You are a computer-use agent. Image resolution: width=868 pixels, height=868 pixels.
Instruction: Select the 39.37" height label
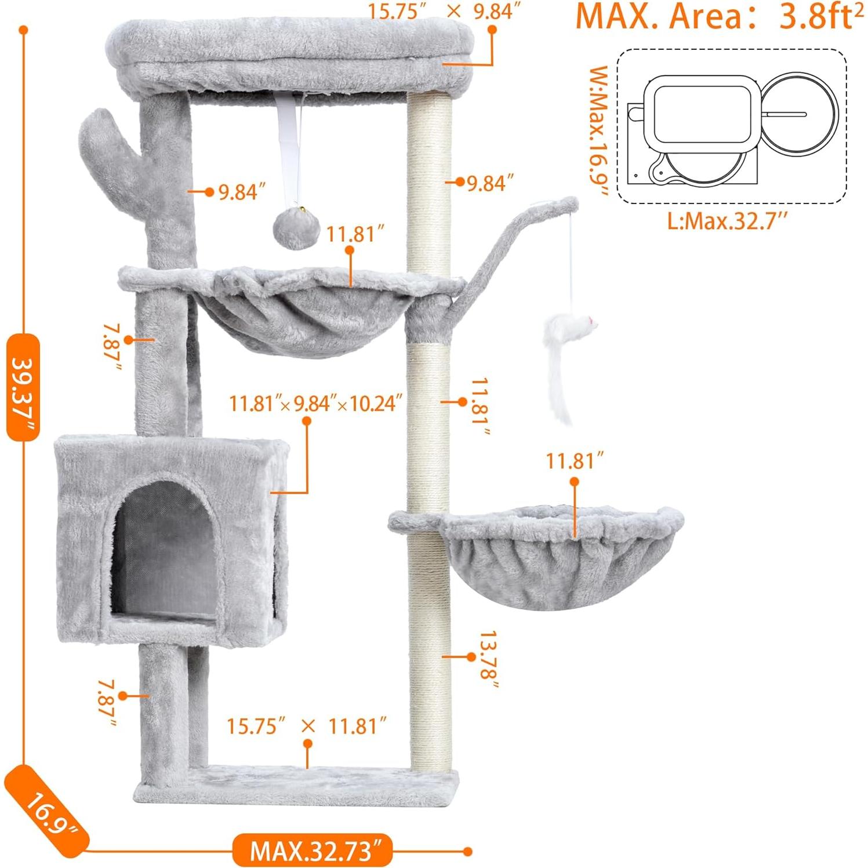(23, 387)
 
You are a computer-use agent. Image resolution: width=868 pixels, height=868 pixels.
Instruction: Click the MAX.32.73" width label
(311, 850)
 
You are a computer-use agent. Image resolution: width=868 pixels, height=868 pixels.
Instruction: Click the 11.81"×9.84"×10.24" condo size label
(315, 403)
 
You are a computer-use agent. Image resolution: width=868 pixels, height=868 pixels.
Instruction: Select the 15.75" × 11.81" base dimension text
(306, 726)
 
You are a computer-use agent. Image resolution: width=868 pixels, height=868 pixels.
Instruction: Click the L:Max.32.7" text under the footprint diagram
(728, 221)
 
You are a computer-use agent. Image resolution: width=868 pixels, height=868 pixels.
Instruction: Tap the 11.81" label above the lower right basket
(574, 462)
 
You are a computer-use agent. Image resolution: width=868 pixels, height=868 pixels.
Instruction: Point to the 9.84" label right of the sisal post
(490, 183)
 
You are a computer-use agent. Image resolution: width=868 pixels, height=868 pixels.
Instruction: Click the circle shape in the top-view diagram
(799, 114)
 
